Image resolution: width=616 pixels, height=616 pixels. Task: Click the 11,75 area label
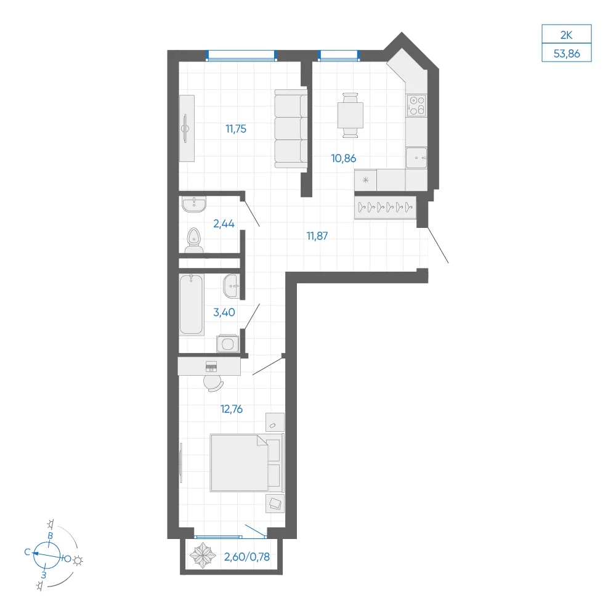(x=236, y=129)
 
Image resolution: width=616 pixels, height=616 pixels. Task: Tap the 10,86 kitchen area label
(x=343, y=158)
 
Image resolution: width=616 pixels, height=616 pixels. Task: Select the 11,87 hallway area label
(x=317, y=236)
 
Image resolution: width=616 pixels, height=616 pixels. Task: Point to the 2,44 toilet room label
(x=224, y=224)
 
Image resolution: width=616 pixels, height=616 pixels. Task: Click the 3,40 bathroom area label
(x=224, y=312)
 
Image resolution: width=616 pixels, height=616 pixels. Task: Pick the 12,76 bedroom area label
(x=232, y=409)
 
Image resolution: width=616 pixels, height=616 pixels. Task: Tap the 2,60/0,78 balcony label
(x=247, y=557)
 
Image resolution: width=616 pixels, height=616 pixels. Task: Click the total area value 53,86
(x=567, y=54)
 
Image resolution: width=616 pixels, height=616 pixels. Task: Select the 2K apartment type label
(x=566, y=35)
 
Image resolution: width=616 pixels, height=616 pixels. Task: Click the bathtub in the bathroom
(x=192, y=304)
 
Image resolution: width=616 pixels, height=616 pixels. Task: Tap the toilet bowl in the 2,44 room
(x=193, y=240)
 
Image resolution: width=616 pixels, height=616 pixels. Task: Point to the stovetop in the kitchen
(x=416, y=105)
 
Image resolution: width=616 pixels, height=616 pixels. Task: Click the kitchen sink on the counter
(x=416, y=158)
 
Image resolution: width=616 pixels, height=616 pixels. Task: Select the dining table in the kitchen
(x=350, y=115)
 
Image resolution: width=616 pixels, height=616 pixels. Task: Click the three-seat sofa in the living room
(x=291, y=129)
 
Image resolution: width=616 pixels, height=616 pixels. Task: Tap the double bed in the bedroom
(x=247, y=463)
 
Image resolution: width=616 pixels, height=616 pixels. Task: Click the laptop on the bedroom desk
(x=211, y=366)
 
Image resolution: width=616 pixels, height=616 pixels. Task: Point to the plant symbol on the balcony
(x=203, y=556)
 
